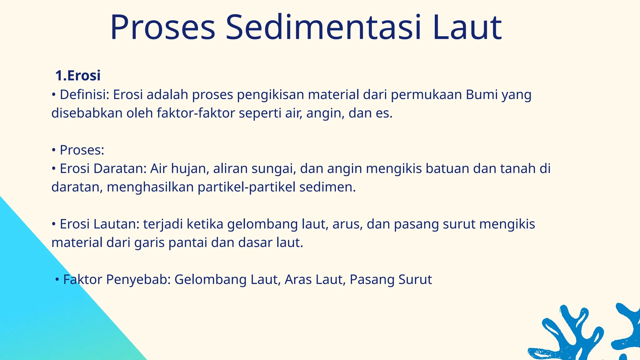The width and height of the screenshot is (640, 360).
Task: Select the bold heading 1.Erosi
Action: pyautogui.click(x=78, y=76)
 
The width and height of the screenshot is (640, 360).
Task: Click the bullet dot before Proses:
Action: pyautogui.click(x=53, y=150)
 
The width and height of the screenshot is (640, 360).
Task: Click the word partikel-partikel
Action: pyautogui.click(x=247, y=187)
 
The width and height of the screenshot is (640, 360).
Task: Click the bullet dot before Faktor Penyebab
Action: pyautogui.click(x=57, y=280)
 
